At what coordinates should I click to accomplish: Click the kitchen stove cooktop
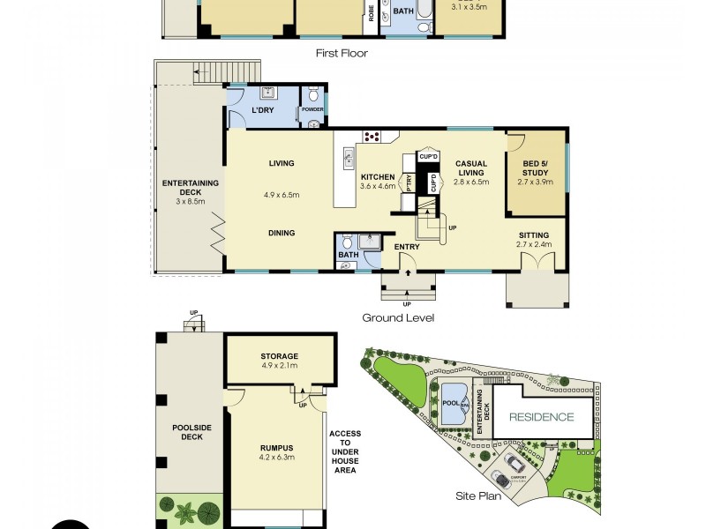pyautogui.click(x=372, y=137)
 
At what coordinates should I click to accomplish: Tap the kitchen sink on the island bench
pyautogui.click(x=345, y=160)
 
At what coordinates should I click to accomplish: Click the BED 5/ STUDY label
pyautogui.click(x=536, y=168)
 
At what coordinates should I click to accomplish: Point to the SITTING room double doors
pyautogui.click(x=537, y=262)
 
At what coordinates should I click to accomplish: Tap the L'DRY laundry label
pyautogui.click(x=262, y=110)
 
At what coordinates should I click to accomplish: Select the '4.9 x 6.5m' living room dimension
pyautogui.click(x=282, y=195)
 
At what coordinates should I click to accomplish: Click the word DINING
pyautogui.click(x=282, y=233)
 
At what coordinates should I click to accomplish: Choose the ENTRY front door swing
pyautogui.click(x=407, y=261)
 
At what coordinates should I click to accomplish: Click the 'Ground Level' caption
pyautogui.click(x=398, y=317)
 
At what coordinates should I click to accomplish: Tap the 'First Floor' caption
pyautogui.click(x=342, y=53)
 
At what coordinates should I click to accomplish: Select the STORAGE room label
pyautogui.click(x=279, y=356)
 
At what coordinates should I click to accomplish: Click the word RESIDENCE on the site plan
pyautogui.click(x=540, y=417)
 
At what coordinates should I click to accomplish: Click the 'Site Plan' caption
pyautogui.click(x=477, y=496)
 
